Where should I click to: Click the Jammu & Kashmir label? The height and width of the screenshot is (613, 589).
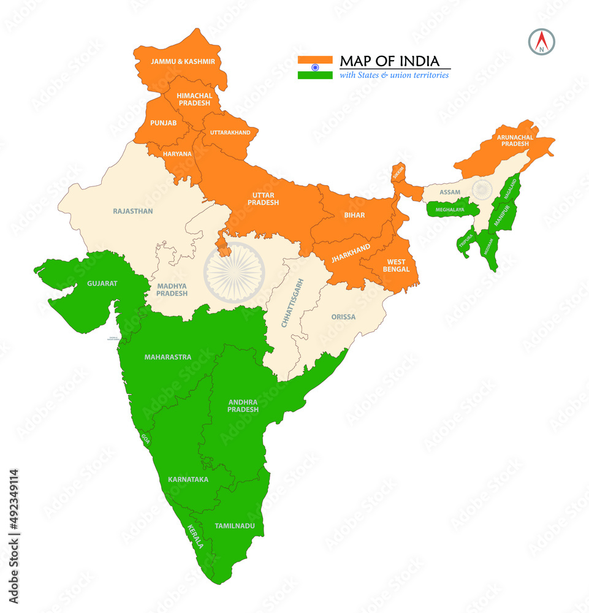[x=175, y=62]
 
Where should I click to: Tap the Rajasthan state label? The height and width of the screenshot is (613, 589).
[x=133, y=211]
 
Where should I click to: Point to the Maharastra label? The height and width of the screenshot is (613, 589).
[x=168, y=357]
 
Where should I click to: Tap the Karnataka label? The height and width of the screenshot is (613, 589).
[x=188, y=479]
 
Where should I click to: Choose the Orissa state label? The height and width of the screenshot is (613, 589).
[x=343, y=317]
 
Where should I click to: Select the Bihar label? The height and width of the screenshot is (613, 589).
[x=354, y=215]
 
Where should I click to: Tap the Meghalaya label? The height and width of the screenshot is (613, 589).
[x=449, y=210]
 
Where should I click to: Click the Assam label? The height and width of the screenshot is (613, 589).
[x=450, y=192]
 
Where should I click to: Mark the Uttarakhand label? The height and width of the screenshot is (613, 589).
[x=230, y=132]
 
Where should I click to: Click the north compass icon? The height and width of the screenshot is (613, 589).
[x=541, y=41]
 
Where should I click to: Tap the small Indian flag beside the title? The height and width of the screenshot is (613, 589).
[x=315, y=67]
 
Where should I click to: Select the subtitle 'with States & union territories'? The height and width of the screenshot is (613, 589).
[x=394, y=75]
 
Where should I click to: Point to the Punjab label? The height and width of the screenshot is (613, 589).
[x=164, y=123]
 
